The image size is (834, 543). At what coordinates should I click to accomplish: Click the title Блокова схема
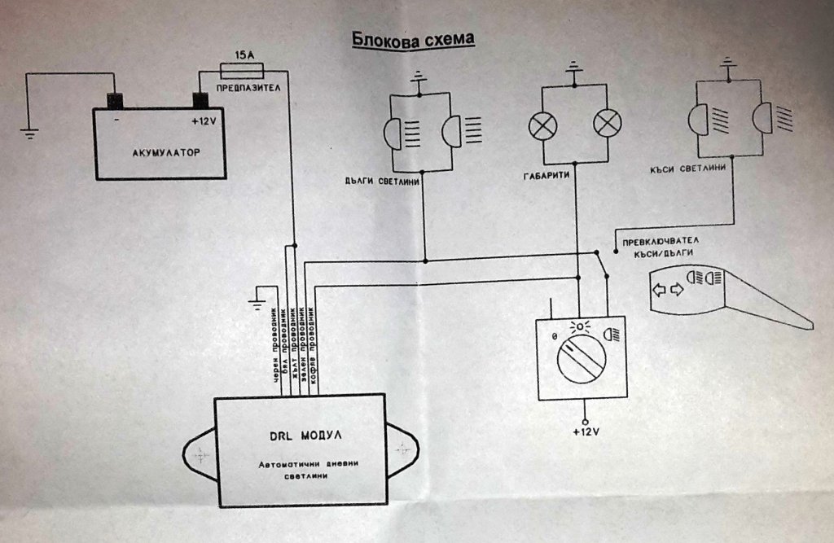coord(412,38)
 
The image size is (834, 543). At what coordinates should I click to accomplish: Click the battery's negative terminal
coord(115,101)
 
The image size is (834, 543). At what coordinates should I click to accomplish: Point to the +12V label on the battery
coord(204,121)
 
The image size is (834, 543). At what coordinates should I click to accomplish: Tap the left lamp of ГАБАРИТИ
coord(541,124)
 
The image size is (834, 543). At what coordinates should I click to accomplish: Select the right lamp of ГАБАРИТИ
coord(607,124)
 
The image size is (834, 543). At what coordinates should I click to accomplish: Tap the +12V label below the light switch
coord(583,431)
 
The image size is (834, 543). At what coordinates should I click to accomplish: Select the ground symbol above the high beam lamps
coord(419,78)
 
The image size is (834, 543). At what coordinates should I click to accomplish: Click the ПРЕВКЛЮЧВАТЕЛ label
coord(660,241)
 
